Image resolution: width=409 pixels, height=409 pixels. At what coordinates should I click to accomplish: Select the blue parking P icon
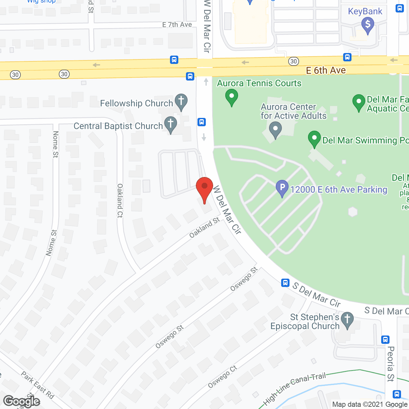pos(282,188)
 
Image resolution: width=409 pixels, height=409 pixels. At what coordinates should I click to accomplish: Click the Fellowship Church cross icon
pos(181,102)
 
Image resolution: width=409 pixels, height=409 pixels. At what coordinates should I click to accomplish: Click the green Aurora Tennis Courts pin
pos(232,97)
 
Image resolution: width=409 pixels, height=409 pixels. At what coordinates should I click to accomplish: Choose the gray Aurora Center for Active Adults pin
pos(275,129)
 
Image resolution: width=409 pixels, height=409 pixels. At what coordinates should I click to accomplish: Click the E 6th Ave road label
pos(326,70)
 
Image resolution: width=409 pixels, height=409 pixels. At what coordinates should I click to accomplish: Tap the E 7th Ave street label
pos(177,25)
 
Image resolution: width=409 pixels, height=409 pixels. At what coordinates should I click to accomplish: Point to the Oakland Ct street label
pos(120,201)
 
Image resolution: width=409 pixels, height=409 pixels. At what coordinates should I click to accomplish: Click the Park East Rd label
pos(38,385)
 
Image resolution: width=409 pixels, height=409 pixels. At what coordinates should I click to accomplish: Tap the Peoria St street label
pos(390,364)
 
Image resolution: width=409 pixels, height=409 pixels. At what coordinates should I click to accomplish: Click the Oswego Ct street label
pos(222,377)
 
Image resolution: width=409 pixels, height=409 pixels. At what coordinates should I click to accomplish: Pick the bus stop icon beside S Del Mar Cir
pos(285,283)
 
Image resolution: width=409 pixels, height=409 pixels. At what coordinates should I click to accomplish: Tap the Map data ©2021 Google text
pos(370,404)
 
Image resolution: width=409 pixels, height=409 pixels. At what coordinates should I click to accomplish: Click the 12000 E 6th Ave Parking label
pos(339,189)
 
